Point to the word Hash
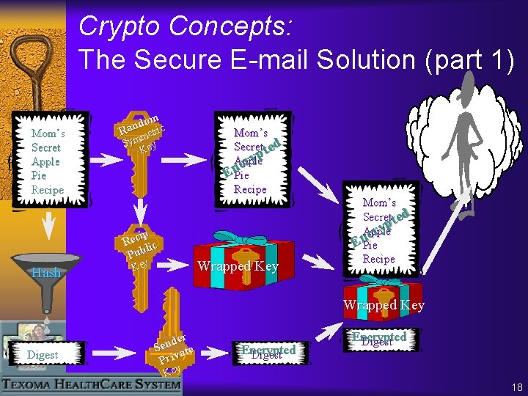point(46,273)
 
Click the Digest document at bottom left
point(42,351)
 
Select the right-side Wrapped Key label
point(384,305)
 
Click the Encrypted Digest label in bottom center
point(268,351)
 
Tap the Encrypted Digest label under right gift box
point(379,338)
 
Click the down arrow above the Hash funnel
point(48,224)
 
